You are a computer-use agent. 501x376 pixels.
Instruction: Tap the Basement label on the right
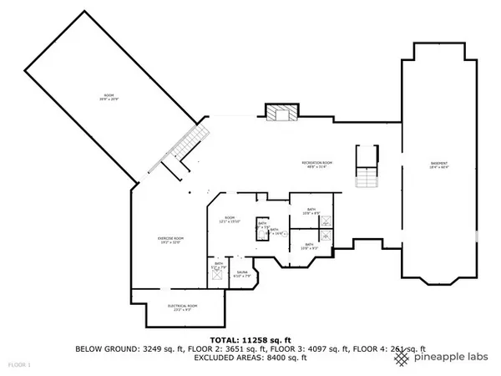[438, 165]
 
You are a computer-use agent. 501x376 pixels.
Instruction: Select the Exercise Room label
[170, 240]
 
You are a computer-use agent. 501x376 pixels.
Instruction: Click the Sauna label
[242, 274]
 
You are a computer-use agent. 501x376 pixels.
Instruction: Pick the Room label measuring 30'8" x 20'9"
[108, 98]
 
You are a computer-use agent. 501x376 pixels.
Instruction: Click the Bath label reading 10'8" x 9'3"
[309, 246]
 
